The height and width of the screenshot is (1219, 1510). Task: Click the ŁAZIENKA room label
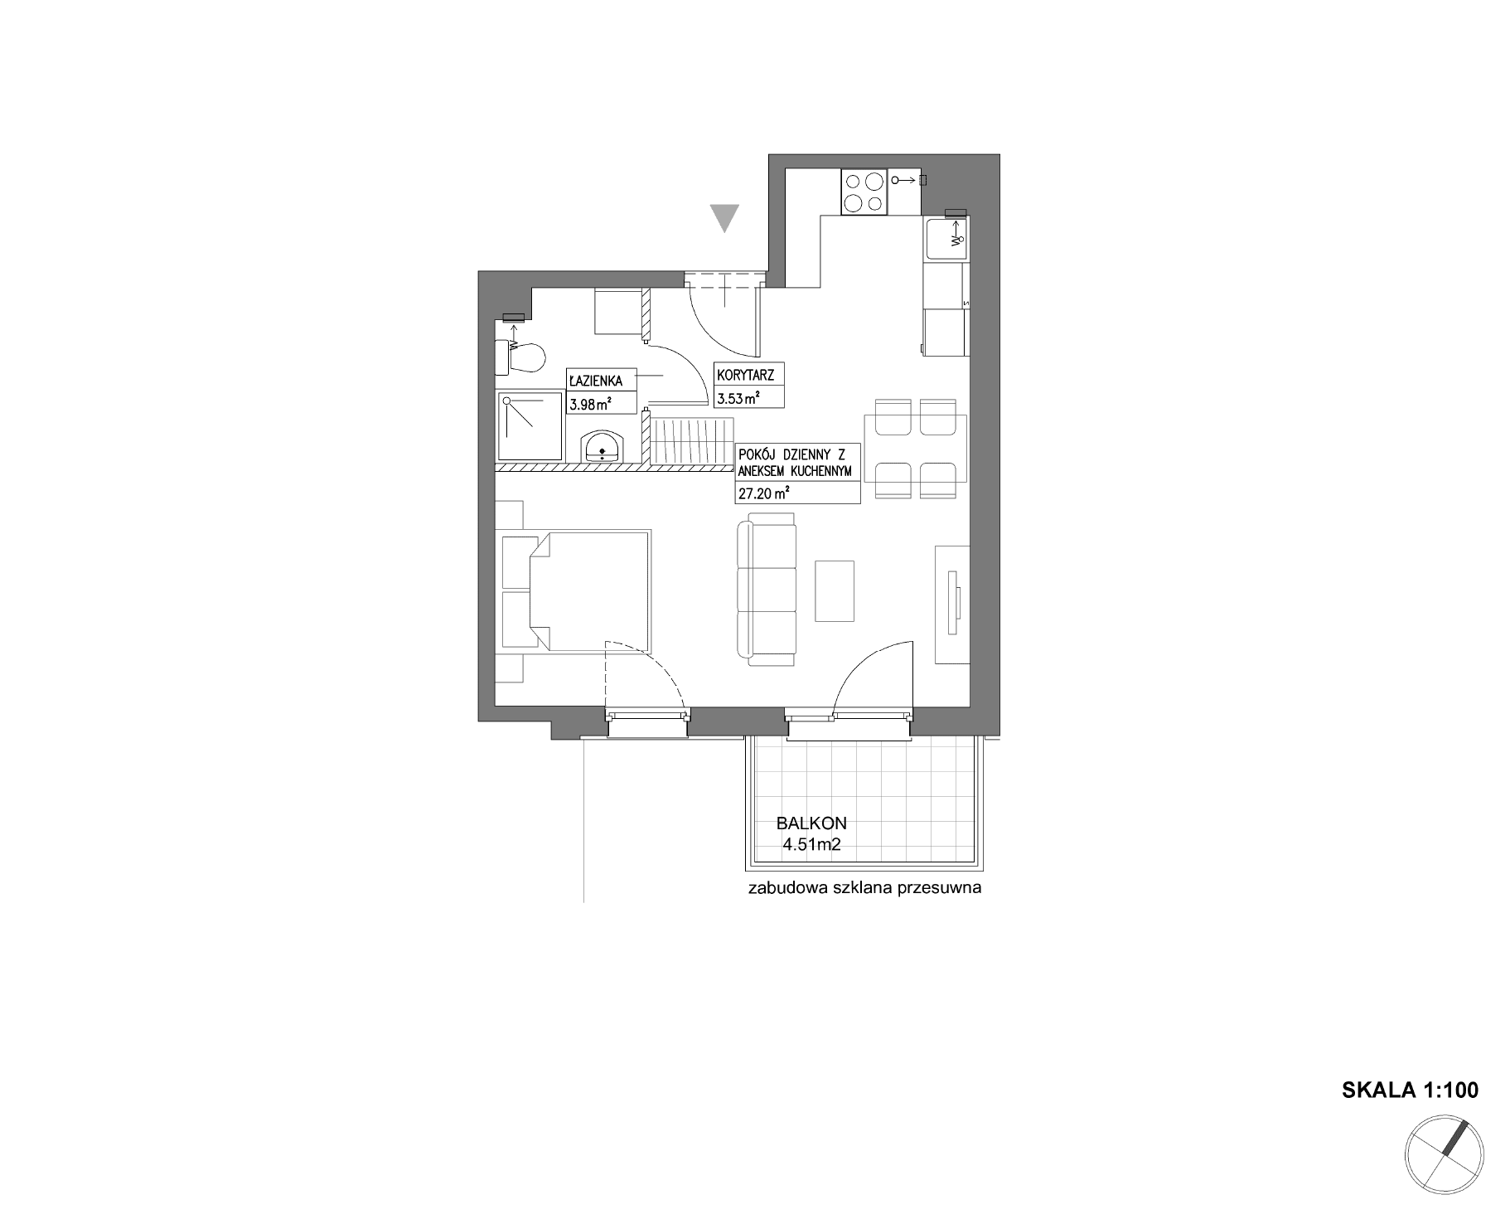595,381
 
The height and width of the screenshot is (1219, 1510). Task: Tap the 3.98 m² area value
590,405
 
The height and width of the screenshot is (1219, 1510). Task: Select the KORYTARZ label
745,376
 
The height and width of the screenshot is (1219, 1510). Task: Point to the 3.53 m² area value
738,399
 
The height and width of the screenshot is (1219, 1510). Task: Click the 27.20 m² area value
762,494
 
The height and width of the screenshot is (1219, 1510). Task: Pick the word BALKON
811,823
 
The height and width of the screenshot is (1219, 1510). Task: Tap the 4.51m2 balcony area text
812,846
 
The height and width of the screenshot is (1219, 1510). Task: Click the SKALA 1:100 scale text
1410,1090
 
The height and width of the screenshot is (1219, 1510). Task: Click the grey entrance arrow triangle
725,217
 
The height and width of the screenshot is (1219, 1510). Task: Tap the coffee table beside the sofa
835,590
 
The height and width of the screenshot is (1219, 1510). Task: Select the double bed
577,591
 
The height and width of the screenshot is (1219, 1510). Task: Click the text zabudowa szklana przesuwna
864,889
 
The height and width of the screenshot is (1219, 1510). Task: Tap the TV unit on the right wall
952,604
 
